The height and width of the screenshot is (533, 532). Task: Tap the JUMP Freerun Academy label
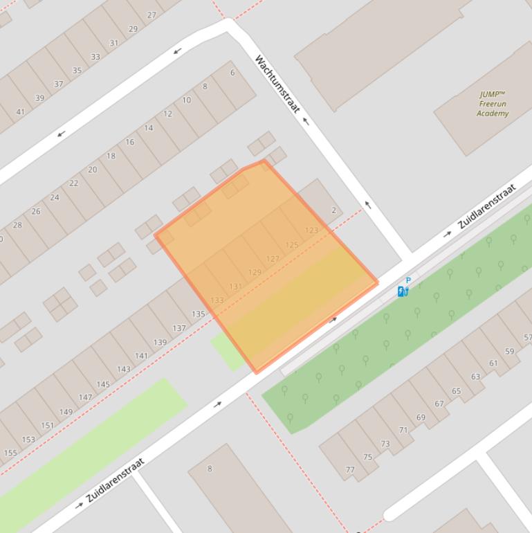pos(492,104)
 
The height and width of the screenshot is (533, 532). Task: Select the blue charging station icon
pos(403,291)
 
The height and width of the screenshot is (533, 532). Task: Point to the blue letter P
pos(408,280)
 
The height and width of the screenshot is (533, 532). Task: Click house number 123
pos(311,231)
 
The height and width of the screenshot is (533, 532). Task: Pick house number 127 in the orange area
pos(273,259)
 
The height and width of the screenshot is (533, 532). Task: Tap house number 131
pos(235,287)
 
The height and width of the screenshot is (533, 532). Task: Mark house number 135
pos(199,314)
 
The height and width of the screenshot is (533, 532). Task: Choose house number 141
pos(141,356)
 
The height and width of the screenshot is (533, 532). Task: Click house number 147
pos(85,397)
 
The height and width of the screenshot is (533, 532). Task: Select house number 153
pos(28,439)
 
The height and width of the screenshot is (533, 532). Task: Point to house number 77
pos(350,470)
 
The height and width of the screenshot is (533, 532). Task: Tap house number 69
pos(421,417)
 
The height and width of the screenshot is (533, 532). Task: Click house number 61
pos(493,363)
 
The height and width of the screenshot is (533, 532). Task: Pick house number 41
pos(20,111)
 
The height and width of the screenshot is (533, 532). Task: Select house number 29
pos(133,29)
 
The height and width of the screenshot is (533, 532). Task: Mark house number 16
pos(130,142)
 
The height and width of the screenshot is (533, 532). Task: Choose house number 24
pos(55,197)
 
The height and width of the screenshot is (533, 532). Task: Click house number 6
pos(232,73)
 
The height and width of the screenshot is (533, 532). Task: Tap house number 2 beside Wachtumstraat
pos(334,210)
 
